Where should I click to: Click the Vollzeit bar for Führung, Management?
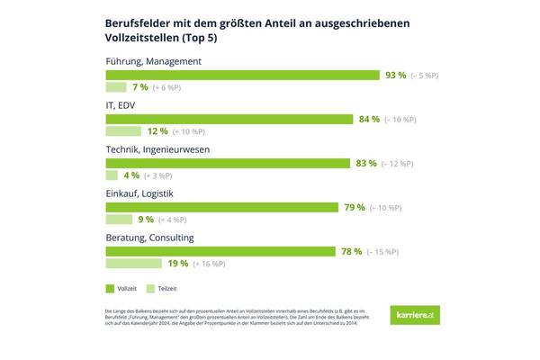coord(243,75)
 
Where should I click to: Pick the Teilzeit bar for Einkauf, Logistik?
coord(120,220)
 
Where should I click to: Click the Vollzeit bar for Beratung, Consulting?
coord(221,251)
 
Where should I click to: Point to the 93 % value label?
coord(396,75)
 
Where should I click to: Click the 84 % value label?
coord(369,119)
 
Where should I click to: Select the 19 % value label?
coord(177,264)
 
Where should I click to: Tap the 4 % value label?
coord(130,175)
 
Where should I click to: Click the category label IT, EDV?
coord(124,105)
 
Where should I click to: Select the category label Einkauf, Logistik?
coord(140,193)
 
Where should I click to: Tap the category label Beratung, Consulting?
coord(149,238)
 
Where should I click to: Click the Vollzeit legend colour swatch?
coord(111,289)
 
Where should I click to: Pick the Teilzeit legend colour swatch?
coord(149,289)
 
